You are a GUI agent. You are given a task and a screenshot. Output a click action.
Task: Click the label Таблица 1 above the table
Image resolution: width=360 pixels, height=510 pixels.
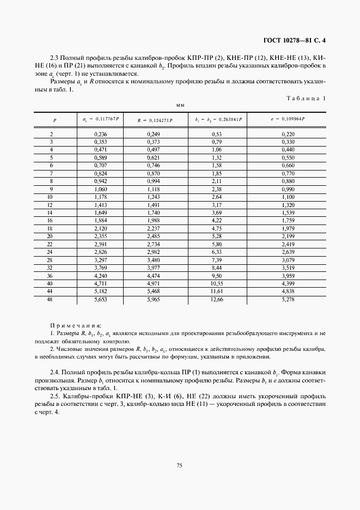(x=306, y=98)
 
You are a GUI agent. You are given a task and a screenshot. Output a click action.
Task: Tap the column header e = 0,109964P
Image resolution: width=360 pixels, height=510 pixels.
(x=288, y=118)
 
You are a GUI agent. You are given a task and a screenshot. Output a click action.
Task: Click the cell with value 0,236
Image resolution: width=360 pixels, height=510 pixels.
(x=100, y=134)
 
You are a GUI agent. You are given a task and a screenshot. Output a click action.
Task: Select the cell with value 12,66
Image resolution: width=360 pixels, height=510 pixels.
(x=217, y=299)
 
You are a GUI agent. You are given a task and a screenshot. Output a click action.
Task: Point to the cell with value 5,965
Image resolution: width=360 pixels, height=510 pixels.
(x=154, y=299)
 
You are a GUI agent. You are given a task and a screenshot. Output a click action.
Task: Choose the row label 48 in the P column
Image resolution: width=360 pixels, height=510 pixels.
(x=52, y=299)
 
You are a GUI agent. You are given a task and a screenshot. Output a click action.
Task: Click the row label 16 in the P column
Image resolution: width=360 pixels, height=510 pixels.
(x=52, y=220)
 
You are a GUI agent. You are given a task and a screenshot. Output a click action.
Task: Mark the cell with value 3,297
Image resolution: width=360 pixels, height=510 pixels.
(x=100, y=260)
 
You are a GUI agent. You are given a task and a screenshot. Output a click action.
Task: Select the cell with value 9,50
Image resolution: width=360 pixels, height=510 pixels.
(x=217, y=276)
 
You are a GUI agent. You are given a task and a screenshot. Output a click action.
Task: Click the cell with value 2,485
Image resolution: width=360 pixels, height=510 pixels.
(x=154, y=236)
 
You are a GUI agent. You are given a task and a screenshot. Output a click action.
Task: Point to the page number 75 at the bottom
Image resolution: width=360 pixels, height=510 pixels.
(x=179, y=464)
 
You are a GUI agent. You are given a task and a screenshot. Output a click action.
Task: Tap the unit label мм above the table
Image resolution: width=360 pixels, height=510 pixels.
(x=180, y=104)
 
